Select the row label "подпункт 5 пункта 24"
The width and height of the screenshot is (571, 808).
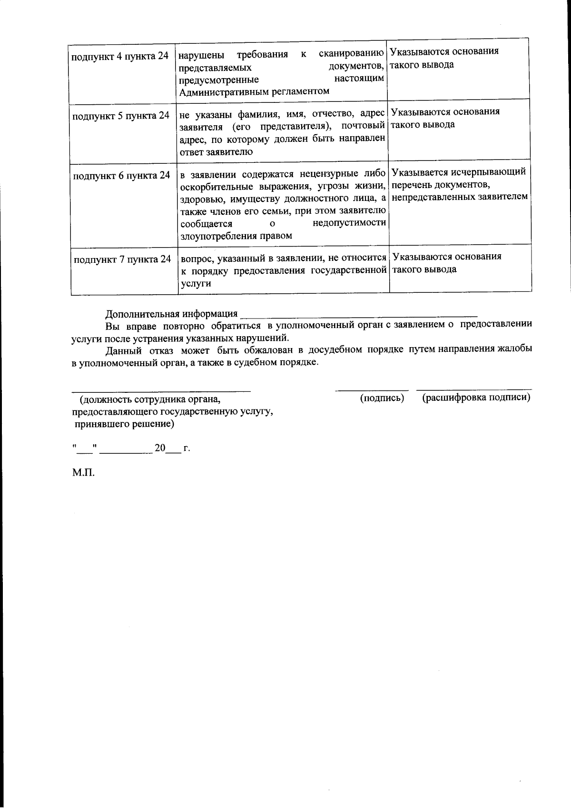coord(120,116)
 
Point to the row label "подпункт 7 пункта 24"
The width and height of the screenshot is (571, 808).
coord(122,260)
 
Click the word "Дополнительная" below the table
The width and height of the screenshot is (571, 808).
coord(140,314)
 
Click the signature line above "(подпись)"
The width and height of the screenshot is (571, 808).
coord(372,391)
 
